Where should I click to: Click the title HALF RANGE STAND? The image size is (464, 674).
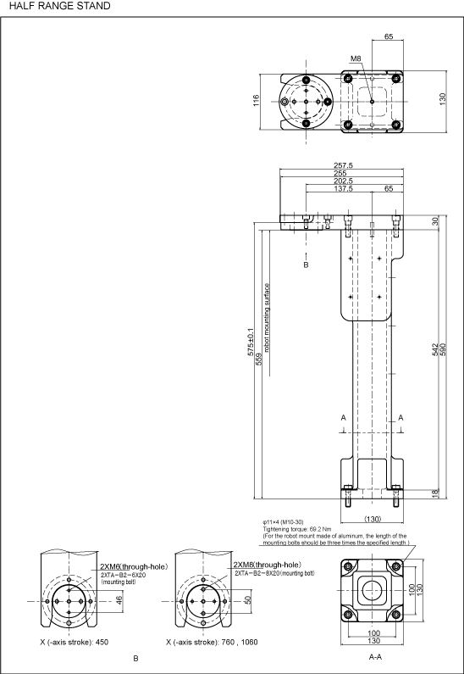click(x=59, y=6)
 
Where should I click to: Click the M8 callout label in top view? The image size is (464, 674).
click(x=356, y=58)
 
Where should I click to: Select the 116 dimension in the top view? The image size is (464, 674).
click(x=257, y=101)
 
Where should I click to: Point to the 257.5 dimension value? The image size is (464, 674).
click(x=344, y=165)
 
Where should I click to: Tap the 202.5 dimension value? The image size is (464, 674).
click(x=344, y=181)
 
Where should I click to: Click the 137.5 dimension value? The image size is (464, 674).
click(x=344, y=189)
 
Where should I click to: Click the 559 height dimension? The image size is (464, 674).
click(x=259, y=359)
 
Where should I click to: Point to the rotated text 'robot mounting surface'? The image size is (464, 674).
click(x=267, y=318)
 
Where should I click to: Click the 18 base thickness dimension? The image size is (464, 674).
click(x=435, y=493)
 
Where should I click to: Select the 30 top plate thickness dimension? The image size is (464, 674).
click(x=435, y=221)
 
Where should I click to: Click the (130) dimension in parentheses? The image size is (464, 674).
click(x=373, y=519)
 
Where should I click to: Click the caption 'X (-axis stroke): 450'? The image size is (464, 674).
click(x=75, y=642)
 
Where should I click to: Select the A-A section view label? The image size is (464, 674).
click(x=376, y=657)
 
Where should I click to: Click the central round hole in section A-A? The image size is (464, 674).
click(x=372, y=590)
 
